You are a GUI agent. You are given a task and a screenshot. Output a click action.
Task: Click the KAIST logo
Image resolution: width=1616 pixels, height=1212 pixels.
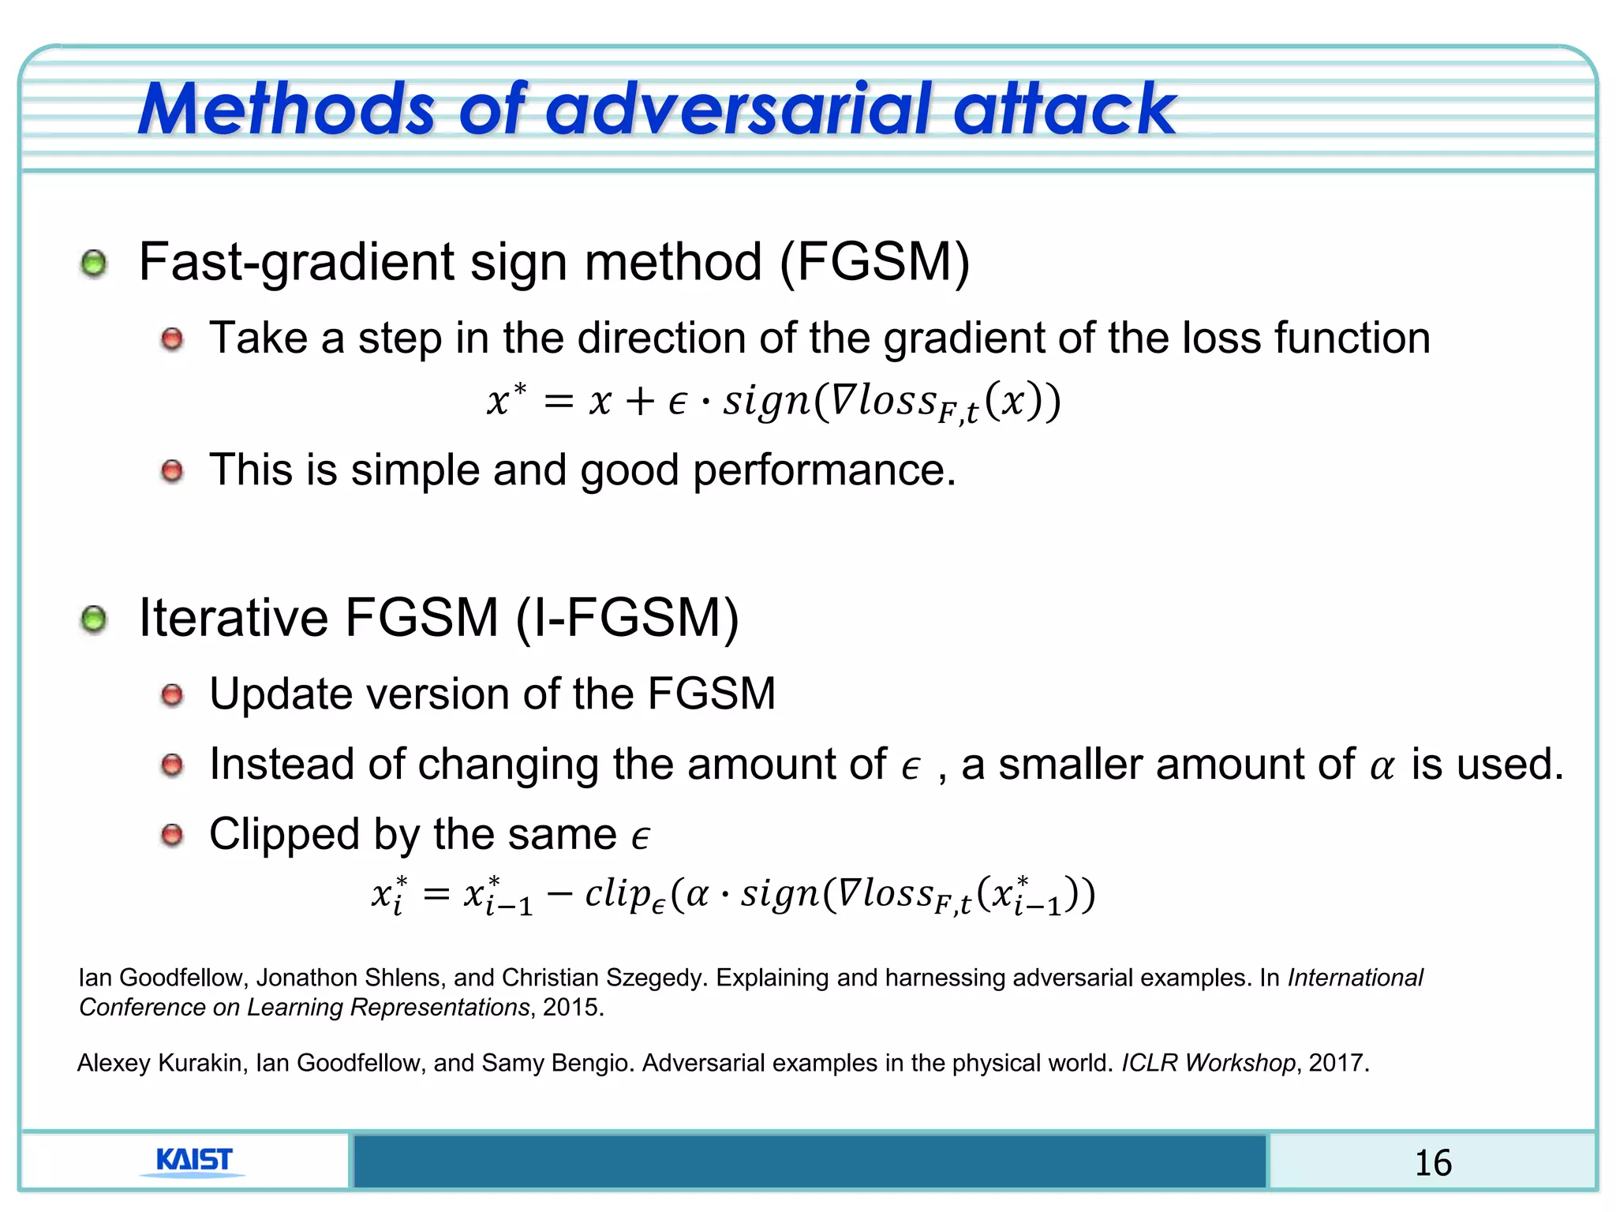tap(193, 1161)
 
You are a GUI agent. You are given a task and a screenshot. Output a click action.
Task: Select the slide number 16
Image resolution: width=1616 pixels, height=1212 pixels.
tap(1432, 1163)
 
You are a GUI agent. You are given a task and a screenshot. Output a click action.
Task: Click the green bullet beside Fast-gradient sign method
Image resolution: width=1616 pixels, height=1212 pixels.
tap(94, 264)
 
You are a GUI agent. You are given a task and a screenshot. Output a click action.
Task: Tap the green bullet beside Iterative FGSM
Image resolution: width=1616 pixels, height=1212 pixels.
tap(94, 619)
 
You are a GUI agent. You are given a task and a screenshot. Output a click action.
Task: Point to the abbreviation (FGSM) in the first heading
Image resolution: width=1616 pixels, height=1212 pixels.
tap(874, 262)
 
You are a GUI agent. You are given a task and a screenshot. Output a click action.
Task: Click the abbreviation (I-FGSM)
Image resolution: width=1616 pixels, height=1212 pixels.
tap(627, 617)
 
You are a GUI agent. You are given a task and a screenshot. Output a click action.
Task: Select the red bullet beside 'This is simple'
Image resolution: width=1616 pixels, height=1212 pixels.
tap(172, 472)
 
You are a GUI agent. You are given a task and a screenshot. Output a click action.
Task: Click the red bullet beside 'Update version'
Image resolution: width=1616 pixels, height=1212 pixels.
tap(172, 695)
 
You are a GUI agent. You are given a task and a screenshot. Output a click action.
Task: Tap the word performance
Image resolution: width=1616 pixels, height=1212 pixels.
tap(824, 470)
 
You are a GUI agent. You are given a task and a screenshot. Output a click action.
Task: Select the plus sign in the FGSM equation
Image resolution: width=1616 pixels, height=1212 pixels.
tap(640, 402)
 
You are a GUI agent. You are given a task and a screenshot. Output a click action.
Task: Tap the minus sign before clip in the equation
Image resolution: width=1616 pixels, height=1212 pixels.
tap(559, 894)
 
